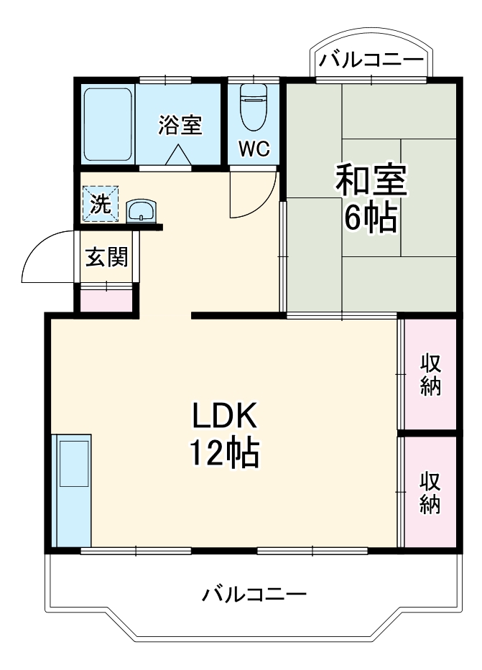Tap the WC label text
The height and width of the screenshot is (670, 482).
[x=254, y=149]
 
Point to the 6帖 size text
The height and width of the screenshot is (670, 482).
[x=371, y=217]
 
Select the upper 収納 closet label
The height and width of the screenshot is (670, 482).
[x=430, y=375]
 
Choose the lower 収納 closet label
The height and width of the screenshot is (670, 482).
[x=430, y=493]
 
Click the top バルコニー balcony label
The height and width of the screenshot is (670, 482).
[x=371, y=60]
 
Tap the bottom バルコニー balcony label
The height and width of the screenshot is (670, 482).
[x=254, y=595]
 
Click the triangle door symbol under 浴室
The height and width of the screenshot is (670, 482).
[x=177, y=154]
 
